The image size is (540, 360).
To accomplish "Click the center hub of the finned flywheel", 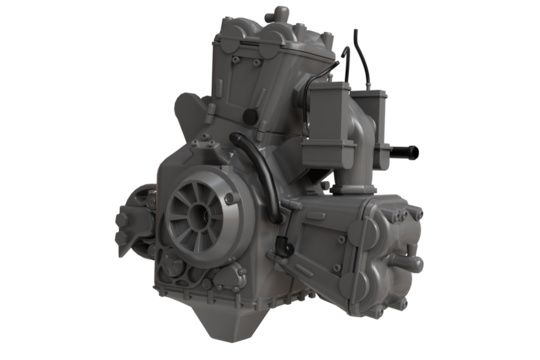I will click(x=194, y=216).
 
